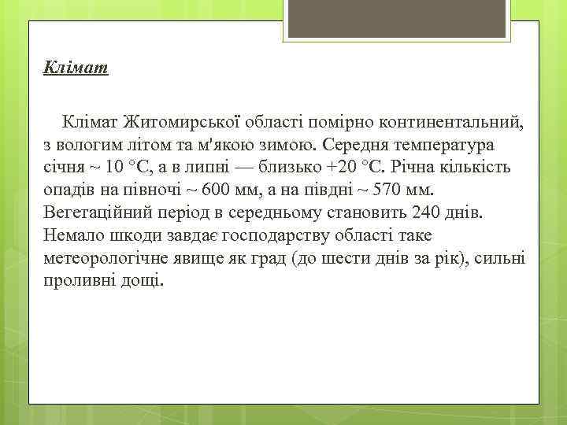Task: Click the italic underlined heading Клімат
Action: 76,68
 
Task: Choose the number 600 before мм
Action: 217,191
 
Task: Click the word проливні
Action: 80,281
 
